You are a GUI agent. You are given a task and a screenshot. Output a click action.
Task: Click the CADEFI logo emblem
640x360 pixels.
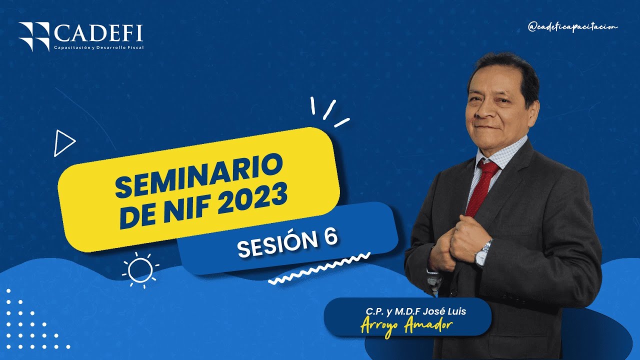coord(34,36)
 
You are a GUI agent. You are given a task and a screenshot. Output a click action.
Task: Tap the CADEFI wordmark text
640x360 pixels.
coord(98,34)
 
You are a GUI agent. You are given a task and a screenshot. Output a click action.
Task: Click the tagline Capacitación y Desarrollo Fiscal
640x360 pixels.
coord(98,47)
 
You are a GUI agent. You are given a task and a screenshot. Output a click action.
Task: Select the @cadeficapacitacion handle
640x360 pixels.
coord(572,27)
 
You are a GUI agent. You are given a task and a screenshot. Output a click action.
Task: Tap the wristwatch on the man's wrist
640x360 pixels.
coord(482,253)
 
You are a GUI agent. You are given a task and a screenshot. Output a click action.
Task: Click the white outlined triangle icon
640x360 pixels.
coord(64,143)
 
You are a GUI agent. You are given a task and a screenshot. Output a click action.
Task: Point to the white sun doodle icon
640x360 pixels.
coord(140,270)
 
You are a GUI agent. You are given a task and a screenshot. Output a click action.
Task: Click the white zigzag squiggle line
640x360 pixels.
coord(318,269)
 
